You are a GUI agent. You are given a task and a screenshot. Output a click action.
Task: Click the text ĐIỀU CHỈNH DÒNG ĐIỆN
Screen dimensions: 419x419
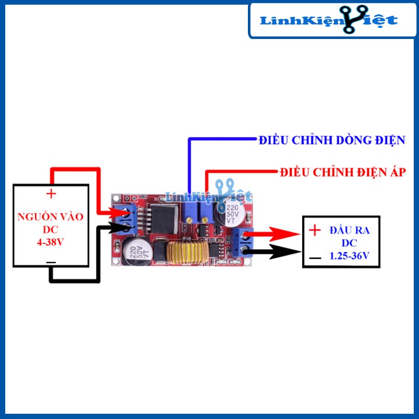click(332, 141)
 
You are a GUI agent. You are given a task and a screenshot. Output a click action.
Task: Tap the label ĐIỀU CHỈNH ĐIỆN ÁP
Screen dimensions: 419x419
click(342, 172)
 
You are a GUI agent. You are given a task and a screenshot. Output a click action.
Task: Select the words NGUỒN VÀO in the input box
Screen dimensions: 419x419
click(51, 216)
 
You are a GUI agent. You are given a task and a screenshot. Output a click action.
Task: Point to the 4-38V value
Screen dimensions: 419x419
click(51, 240)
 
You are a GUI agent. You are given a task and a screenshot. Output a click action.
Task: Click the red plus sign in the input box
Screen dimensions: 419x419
click(51, 194)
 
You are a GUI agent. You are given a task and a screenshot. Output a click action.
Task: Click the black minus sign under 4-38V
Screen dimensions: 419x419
click(51, 262)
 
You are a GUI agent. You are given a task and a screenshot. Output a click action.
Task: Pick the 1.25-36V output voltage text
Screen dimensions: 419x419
click(349, 255)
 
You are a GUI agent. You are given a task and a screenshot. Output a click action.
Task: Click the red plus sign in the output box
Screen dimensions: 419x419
click(315, 230)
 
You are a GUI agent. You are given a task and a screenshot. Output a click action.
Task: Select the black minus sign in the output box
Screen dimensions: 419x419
click(315, 257)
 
